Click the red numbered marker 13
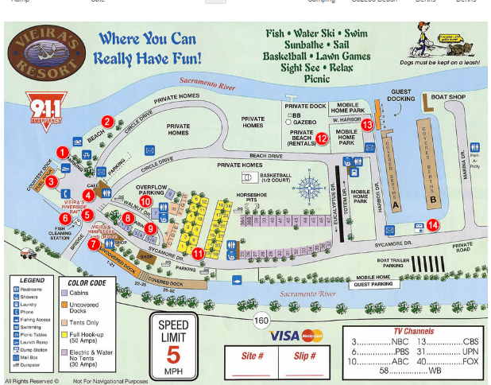tap(366, 125)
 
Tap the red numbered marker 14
tap(432, 225)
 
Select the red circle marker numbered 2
tap(106, 122)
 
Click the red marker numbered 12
tap(322, 138)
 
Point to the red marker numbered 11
tap(198, 253)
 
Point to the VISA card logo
tap(284, 336)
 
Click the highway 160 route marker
tap(260, 321)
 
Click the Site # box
tap(253, 363)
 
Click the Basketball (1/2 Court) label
tap(275, 177)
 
